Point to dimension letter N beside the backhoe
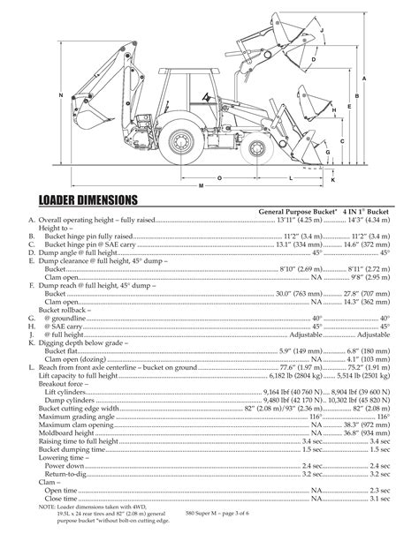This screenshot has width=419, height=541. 60,95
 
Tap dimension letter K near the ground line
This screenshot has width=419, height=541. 333,179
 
